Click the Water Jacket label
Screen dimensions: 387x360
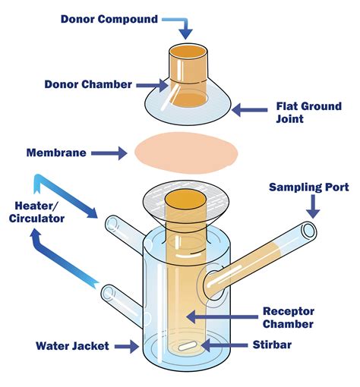coord(72,346)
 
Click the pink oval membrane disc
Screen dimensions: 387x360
coord(186,152)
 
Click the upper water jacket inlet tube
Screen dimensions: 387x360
coord(114,225)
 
